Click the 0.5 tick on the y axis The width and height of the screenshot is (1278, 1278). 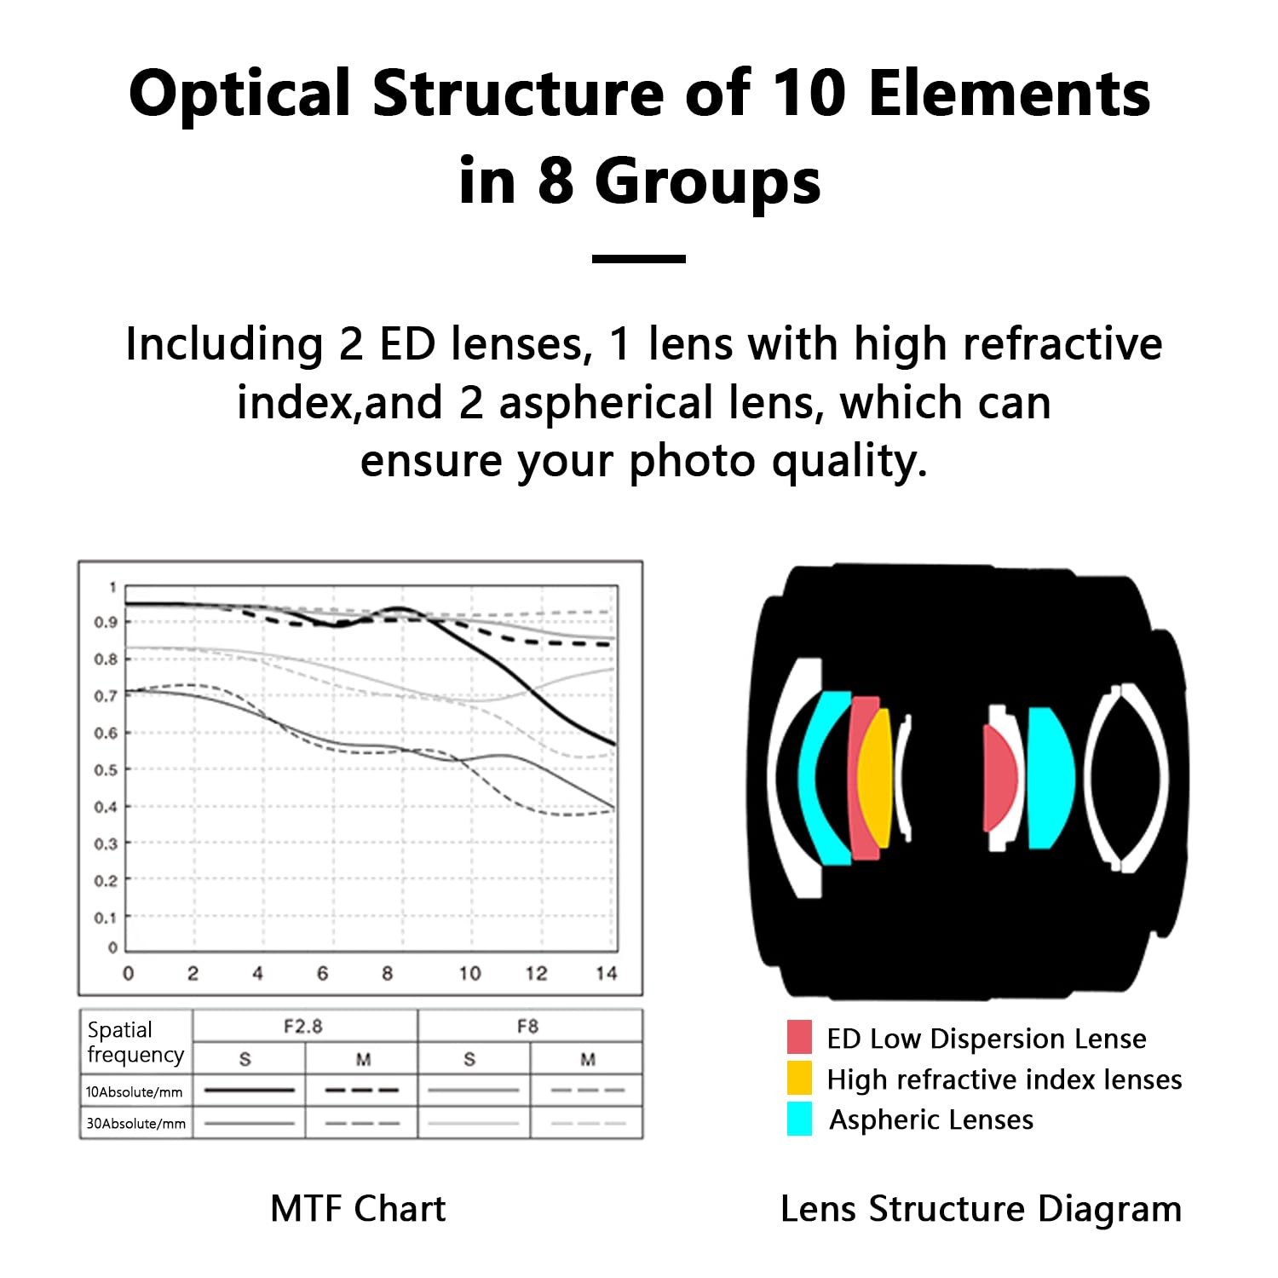pyautogui.click(x=106, y=770)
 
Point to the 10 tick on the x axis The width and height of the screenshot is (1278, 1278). pyautogui.click(x=469, y=973)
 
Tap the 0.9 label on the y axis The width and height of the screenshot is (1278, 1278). pyautogui.click(x=106, y=622)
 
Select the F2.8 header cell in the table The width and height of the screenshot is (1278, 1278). pyautogui.click(x=303, y=1026)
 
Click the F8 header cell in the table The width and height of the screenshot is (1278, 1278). pyautogui.click(x=528, y=1026)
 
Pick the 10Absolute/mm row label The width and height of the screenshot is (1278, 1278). pyautogui.click(x=135, y=1091)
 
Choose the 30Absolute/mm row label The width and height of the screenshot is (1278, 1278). pyautogui.click(x=135, y=1123)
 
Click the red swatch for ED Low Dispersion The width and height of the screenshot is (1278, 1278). pyautogui.click(x=799, y=1037)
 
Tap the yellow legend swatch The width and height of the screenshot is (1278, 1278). pyautogui.click(x=799, y=1078)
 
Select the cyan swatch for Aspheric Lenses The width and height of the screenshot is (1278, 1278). pyautogui.click(x=799, y=1119)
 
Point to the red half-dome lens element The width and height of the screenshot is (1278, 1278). pyautogui.click(x=999, y=777)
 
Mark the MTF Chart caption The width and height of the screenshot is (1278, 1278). pyautogui.click(x=358, y=1209)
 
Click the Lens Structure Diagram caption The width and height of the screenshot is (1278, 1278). pyautogui.click(x=981, y=1209)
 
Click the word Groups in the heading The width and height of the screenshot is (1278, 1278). pyautogui.click(x=708, y=181)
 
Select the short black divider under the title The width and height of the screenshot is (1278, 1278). pyautogui.click(x=639, y=258)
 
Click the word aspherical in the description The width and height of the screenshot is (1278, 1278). pyautogui.click(x=606, y=402)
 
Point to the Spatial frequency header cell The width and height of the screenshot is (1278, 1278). pyautogui.click(x=135, y=1042)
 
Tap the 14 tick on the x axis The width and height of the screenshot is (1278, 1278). pyautogui.click(x=607, y=973)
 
